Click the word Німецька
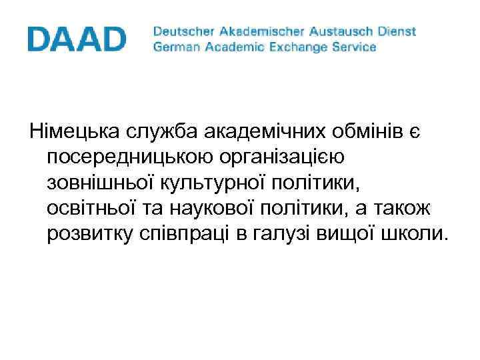(x=71, y=131)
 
